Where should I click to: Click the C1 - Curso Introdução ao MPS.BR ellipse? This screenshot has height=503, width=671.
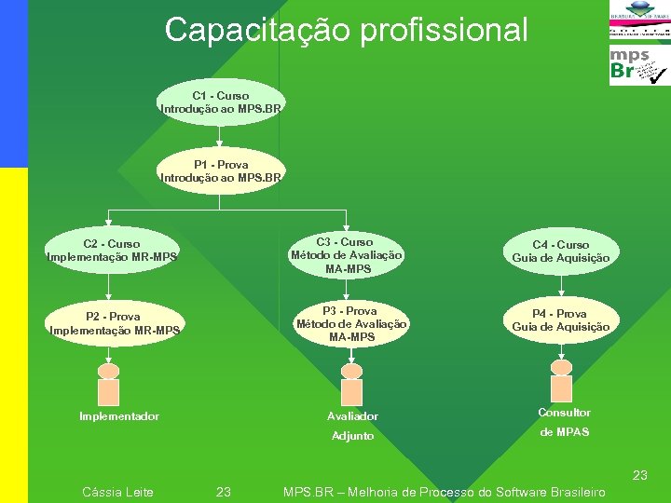pyautogui.click(x=221, y=102)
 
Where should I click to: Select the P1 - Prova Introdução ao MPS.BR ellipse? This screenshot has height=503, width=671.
pyautogui.click(x=221, y=170)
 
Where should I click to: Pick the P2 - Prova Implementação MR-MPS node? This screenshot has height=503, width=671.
pyautogui.click(x=114, y=323)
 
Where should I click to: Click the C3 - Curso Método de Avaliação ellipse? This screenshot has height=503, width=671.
pyautogui.click(x=347, y=255)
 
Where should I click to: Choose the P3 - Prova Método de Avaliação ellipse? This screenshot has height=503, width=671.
pyautogui.click(x=350, y=324)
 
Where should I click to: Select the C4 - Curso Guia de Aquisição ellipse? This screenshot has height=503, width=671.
pyautogui.click(x=561, y=251)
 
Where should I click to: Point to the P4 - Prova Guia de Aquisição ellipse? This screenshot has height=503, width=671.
pyautogui.click(x=561, y=320)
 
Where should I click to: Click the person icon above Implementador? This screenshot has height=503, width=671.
pyautogui.click(x=109, y=384)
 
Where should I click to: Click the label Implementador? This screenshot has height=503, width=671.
pyautogui.click(x=119, y=416)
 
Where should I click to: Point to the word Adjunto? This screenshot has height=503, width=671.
pyautogui.click(x=353, y=436)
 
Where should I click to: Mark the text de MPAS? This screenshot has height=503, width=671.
pyautogui.click(x=565, y=431)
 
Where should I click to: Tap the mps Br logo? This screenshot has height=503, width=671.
pyautogui.click(x=638, y=65)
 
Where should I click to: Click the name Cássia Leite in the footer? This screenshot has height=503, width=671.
pyautogui.click(x=118, y=492)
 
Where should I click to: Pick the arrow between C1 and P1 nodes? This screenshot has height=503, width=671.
pyautogui.click(x=220, y=136)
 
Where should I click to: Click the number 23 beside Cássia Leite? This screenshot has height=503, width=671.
pyautogui.click(x=224, y=492)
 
